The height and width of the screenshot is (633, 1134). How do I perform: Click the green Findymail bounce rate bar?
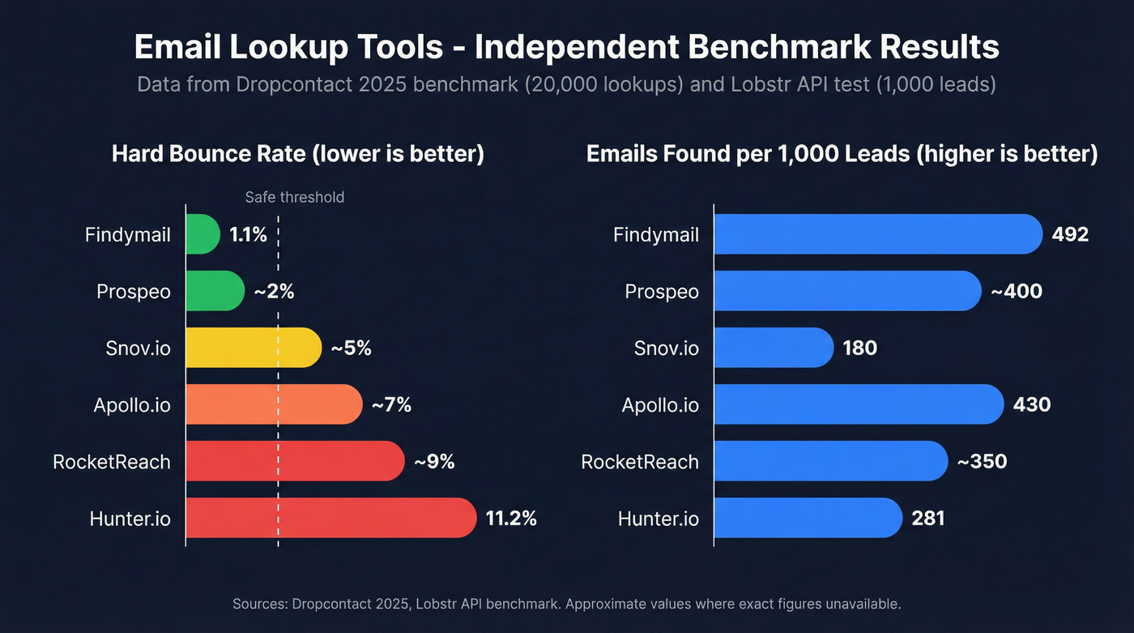point(202,235)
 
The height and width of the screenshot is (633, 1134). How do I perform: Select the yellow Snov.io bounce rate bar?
point(253,348)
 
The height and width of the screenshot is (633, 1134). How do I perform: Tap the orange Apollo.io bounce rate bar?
point(274,404)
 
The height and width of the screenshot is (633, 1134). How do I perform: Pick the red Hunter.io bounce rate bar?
point(330,518)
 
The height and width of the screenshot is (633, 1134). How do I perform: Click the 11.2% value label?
point(511,518)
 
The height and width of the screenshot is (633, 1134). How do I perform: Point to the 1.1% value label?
point(248,235)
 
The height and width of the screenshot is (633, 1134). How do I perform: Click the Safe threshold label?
point(294,197)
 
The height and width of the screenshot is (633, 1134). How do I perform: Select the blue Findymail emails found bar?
point(877,235)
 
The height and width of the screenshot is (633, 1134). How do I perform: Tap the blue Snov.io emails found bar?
point(774,348)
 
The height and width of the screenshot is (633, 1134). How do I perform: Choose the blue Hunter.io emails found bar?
point(808,518)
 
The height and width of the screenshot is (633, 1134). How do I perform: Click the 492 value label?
point(1070,235)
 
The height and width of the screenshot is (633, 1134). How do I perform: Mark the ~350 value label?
point(982,461)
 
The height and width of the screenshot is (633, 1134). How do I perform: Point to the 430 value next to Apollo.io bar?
point(1032,404)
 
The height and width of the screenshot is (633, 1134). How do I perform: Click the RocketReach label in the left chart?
point(112,461)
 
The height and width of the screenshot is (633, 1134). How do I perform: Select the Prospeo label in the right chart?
point(662,291)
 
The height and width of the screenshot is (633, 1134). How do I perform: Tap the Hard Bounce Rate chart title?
point(297,154)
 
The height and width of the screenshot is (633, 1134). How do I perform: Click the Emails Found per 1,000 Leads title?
point(842,154)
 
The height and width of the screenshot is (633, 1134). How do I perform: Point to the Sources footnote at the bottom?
point(566,604)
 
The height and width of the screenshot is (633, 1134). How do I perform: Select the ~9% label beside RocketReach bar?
point(434,461)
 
